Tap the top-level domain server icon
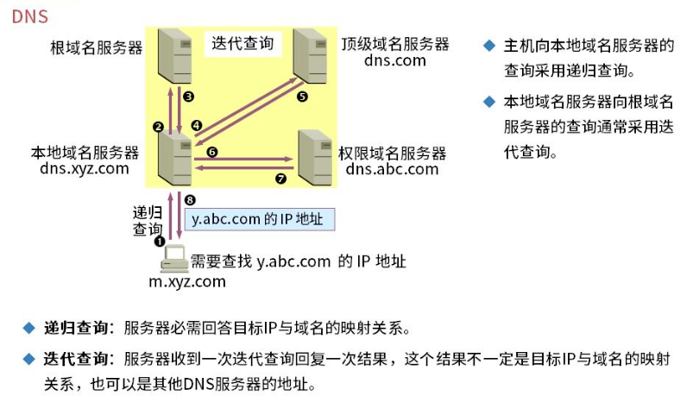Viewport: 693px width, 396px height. coord(312,54)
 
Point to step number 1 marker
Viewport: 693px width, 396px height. coord(159,242)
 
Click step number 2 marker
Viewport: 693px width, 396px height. coord(158,127)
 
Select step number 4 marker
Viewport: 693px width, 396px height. coord(196,125)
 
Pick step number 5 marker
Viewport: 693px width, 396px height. coord(302,97)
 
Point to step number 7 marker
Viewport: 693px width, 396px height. coord(280,180)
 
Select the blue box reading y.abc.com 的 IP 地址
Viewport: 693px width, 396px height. coord(258,220)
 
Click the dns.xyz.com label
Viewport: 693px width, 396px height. coord(85,168)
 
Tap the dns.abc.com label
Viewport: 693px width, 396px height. coord(393,169)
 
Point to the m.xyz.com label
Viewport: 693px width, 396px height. coord(187,281)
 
